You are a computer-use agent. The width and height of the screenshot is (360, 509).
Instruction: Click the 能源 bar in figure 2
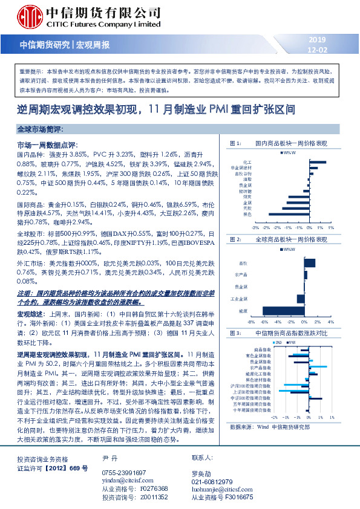tap(283, 311)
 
